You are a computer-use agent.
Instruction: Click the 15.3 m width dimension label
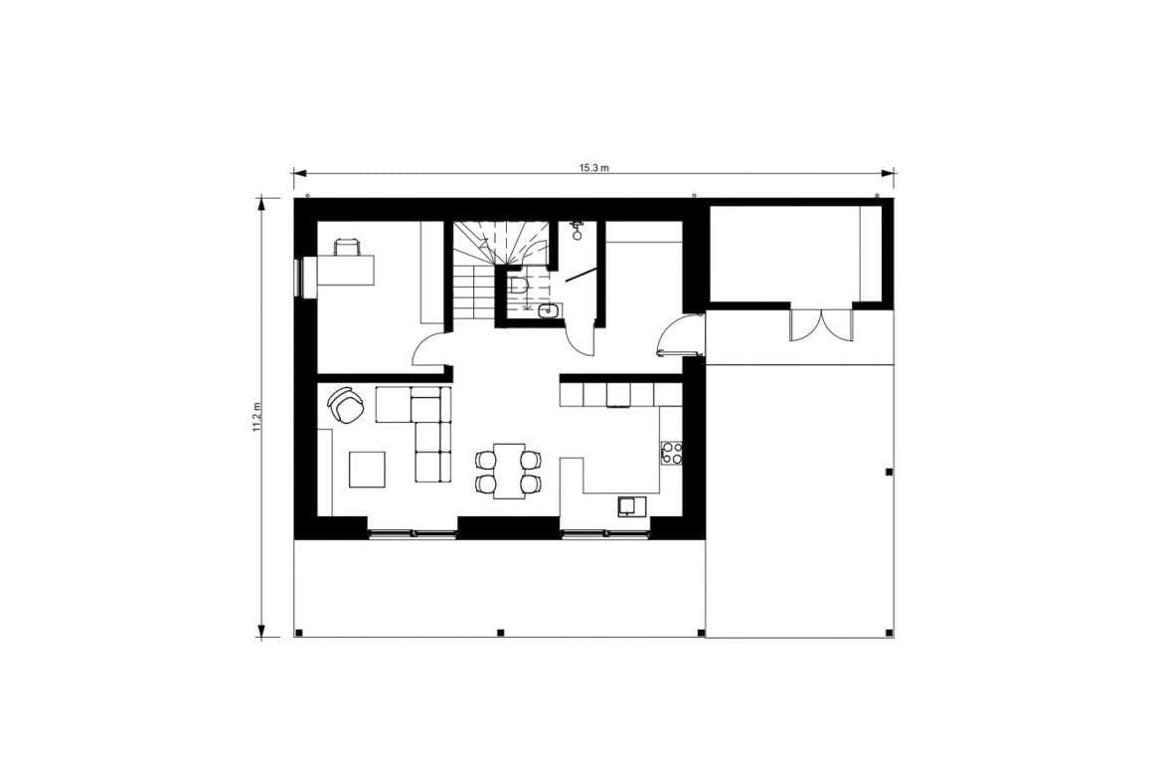click(594, 168)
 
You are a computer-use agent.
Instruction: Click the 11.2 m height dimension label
click(256, 417)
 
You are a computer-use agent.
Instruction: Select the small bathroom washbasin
click(551, 310)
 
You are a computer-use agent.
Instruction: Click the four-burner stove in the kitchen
click(672, 453)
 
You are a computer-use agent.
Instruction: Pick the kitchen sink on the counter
click(631, 506)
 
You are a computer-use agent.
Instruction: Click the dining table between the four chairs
click(509, 471)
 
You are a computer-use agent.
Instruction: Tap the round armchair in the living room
click(344, 404)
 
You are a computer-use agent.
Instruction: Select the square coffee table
click(367, 470)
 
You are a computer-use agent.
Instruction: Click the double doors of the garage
click(822, 323)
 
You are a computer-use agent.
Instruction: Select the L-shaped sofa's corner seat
click(425, 405)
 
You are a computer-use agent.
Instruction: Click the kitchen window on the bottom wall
click(605, 532)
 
